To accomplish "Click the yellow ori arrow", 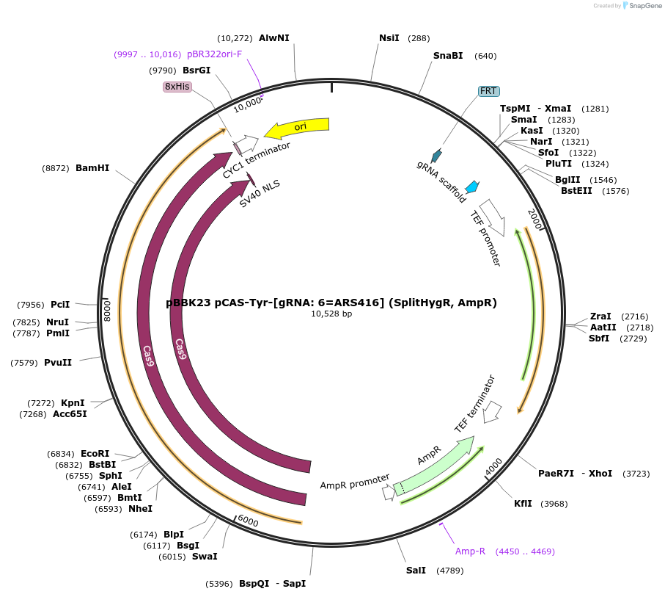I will point(297,128).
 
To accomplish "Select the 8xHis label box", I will point(177,87).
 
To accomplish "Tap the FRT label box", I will point(488,91).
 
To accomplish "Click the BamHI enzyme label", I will point(92,168).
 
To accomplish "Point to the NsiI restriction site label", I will point(389,38).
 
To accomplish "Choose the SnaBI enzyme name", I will point(448,56).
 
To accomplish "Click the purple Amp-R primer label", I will point(470,551).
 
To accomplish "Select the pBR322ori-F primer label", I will point(214,54).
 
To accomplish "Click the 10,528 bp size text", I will point(331,314).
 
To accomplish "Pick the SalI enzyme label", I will point(416,571).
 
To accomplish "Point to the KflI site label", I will point(523,504).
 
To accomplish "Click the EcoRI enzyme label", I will point(95,454).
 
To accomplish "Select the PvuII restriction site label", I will point(58,362).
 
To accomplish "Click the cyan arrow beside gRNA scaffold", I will point(472,186).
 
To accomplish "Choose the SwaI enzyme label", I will point(205,557).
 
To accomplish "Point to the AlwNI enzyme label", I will point(274,38).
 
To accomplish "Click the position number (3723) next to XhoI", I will point(636,474).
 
